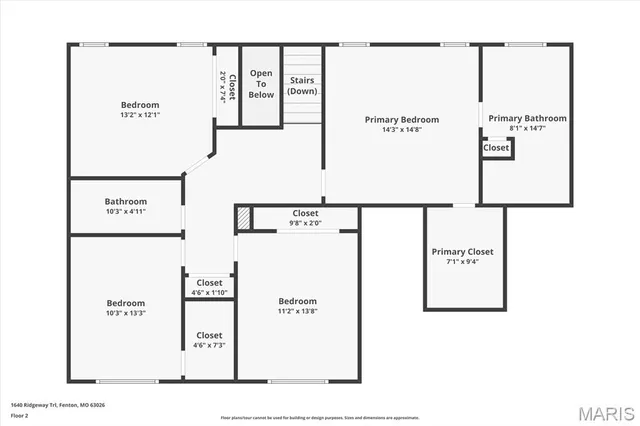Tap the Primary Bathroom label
[x=527, y=118]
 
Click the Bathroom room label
[x=126, y=201]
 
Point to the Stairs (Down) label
[x=302, y=86]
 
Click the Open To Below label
[x=261, y=84]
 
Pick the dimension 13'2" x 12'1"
[x=140, y=115]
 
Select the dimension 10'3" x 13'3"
[x=126, y=313]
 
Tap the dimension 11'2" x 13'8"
[x=297, y=311]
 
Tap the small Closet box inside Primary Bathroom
[x=496, y=148]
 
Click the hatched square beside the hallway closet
[x=242, y=216]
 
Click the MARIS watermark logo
[x=604, y=411]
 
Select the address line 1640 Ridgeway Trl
[x=57, y=405]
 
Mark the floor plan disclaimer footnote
[x=320, y=417]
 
